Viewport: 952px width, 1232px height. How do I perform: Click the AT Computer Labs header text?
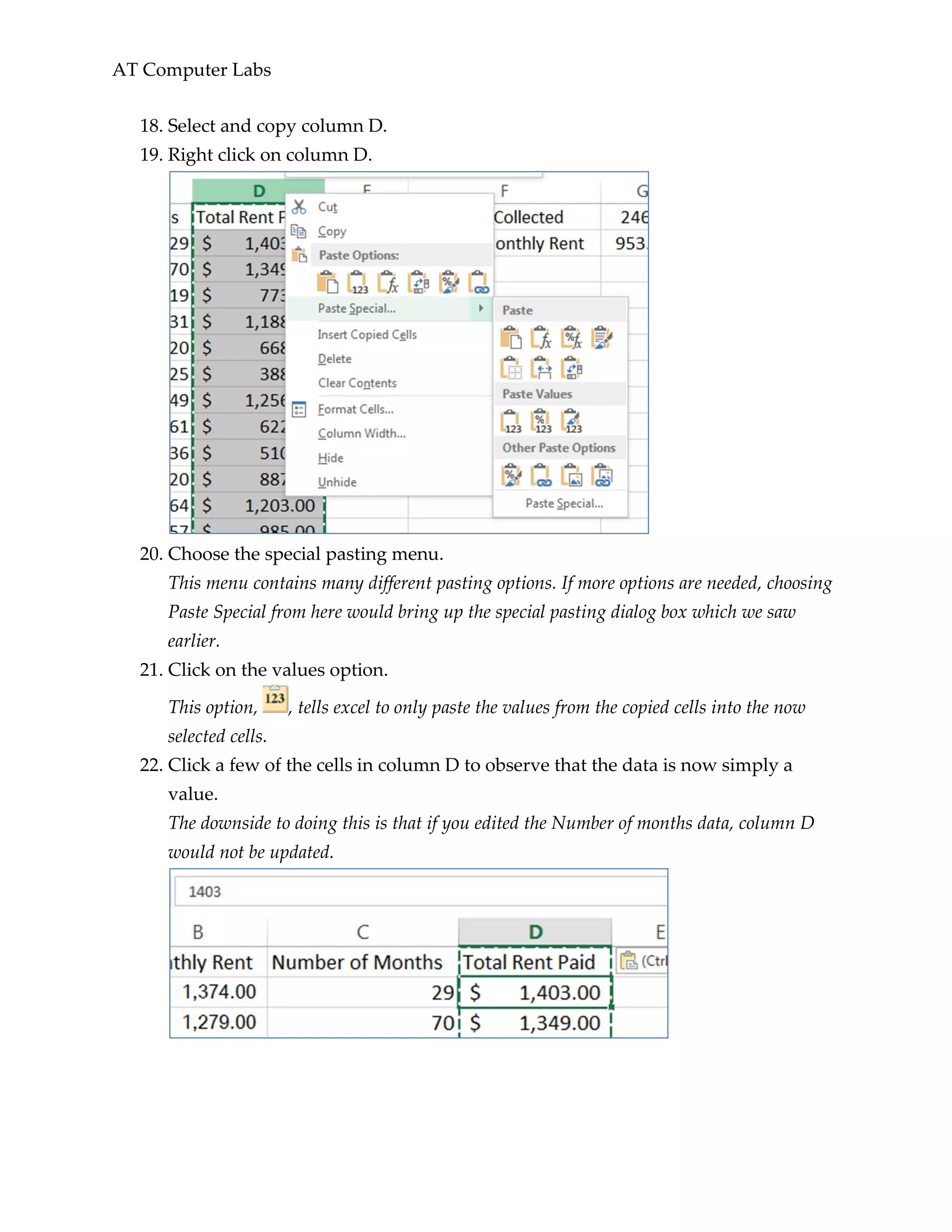click(x=192, y=70)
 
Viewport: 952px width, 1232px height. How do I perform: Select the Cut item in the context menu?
click(x=328, y=207)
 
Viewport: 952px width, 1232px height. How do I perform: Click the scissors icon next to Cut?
click(x=299, y=207)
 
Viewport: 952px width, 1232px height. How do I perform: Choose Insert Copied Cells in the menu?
click(x=367, y=335)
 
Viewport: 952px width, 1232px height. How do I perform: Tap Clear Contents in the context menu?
click(x=357, y=383)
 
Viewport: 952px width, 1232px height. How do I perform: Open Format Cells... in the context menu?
click(x=355, y=409)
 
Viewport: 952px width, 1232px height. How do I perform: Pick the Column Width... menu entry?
click(x=362, y=433)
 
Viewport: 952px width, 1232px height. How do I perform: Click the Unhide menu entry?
click(x=337, y=482)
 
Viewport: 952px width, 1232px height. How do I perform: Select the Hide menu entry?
click(x=331, y=458)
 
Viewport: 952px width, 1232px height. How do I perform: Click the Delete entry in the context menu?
click(x=334, y=359)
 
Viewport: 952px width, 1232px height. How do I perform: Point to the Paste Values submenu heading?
click(x=537, y=394)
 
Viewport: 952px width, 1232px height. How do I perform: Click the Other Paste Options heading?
click(x=558, y=448)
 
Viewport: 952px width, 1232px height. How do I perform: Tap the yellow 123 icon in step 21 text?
click(x=275, y=699)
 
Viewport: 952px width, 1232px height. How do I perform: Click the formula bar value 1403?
click(x=204, y=892)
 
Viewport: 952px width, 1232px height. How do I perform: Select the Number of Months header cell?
click(x=357, y=962)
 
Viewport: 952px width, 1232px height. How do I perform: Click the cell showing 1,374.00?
click(x=219, y=992)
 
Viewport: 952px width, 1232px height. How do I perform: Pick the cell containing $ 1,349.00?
click(x=535, y=1023)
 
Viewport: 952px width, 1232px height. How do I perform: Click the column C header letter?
click(x=363, y=932)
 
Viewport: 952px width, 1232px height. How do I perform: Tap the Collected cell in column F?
click(x=529, y=217)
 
